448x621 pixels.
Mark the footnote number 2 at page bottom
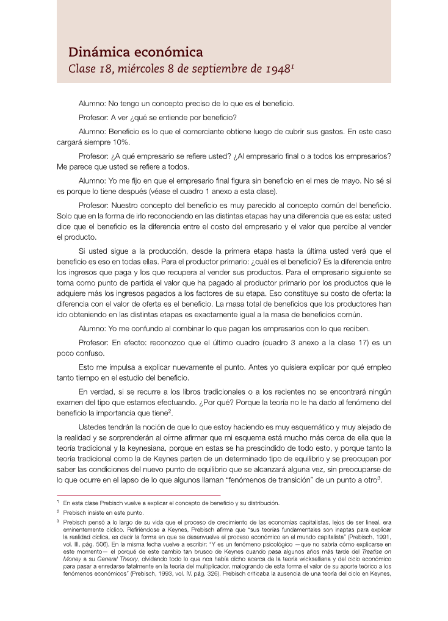(57, 512)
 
